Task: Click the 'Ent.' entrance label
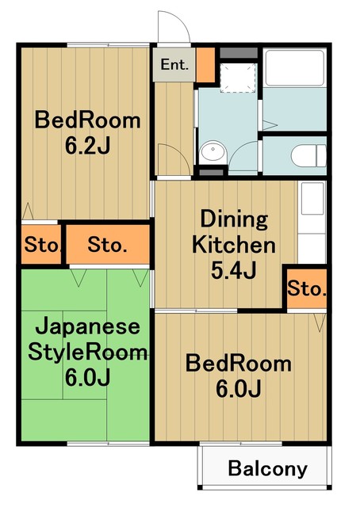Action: pos(174,65)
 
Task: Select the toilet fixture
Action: pos(306,154)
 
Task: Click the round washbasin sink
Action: pos(213,153)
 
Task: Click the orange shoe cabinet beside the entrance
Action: pos(205,67)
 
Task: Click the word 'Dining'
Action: pos(233,219)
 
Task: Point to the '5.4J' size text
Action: pos(233,271)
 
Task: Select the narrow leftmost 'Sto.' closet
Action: pos(41,245)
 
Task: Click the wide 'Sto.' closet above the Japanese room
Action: pos(107,245)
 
